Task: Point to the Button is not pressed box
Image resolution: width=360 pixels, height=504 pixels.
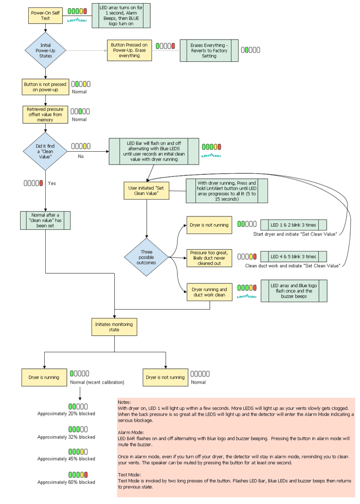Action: (x=45, y=86)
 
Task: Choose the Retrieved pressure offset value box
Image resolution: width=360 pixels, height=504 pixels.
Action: (x=45, y=115)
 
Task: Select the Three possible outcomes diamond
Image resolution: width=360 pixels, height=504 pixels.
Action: (x=147, y=256)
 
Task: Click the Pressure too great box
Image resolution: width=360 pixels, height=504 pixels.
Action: (x=209, y=257)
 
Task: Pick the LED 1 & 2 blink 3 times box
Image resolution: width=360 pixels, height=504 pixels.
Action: (x=293, y=225)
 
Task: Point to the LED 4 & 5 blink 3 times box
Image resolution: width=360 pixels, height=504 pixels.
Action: (x=293, y=257)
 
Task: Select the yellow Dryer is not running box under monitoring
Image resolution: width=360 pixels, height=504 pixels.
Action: (x=165, y=377)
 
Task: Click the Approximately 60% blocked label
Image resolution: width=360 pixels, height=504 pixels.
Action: (x=66, y=482)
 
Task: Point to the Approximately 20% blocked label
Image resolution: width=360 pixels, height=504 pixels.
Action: (x=66, y=413)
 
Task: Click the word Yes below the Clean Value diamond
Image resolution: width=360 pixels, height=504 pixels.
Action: (x=51, y=183)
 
